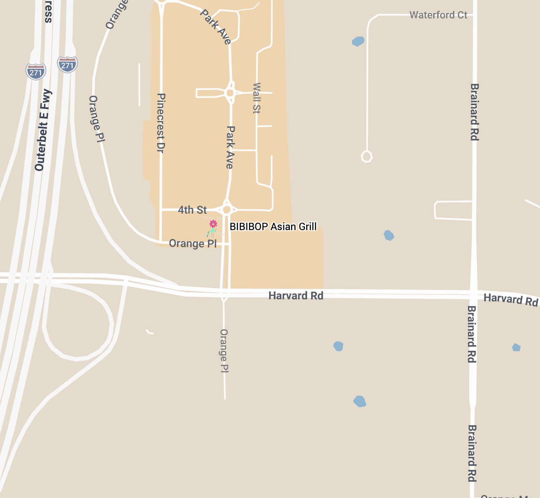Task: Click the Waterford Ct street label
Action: [x=438, y=15]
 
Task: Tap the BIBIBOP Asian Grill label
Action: [x=273, y=227]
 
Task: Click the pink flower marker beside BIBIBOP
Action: [x=213, y=224]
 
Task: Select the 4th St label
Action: [x=192, y=210]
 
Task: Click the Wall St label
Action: [x=257, y=98]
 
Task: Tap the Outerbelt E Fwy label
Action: [x=43, y=130]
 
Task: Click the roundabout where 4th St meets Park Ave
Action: [x=227, y=209]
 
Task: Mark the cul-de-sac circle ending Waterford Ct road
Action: [x=366, y=156]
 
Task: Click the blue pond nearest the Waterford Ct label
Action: [x=358, y=41]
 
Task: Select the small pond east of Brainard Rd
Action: [x=516, y=347]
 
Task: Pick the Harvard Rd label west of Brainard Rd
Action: [x=296, y=296]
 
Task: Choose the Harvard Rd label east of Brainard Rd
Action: [x=511, y=299]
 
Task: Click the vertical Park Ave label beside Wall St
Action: [x=230, y=147]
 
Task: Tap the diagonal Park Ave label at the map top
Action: [x=216, y=27]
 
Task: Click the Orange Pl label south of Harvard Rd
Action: [x=224, y=351]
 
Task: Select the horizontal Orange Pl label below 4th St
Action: [x=192, y=244]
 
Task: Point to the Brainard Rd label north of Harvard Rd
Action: [x=474, y=112]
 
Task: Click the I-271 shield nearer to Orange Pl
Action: [x=67, y=65]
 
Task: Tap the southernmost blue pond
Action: [x=360, y=401]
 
